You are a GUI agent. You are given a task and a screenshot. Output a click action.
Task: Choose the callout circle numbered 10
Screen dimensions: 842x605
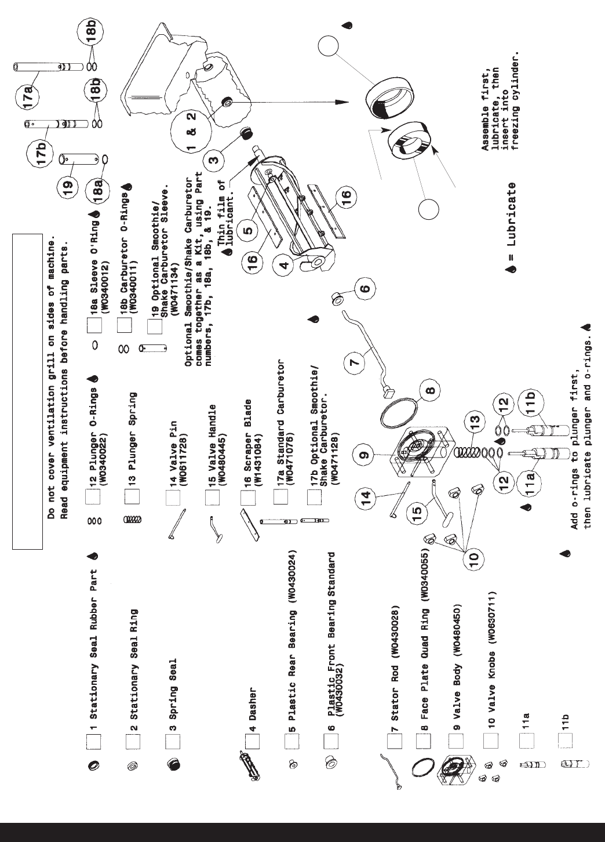473,558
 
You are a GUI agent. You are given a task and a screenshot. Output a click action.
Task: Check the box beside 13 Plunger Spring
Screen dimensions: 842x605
133,497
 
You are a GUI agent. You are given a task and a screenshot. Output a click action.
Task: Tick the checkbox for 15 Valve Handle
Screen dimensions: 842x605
213,498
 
